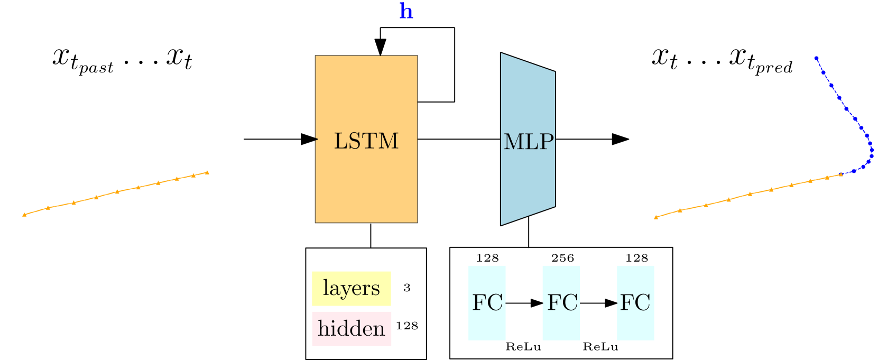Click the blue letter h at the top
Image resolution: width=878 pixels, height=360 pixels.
pyautogui.click(x=406, y=11)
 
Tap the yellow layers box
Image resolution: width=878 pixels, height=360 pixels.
pyautogui.click(x=351, y=289)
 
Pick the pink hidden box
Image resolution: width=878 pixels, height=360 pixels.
pyautogui.click(x=352, y=329)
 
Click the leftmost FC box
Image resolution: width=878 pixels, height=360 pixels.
pyautogui.click(x=487, y=303)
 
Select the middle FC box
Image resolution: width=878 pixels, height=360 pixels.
pyautogui.click(x=561, y=303)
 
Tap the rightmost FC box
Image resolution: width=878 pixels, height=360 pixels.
pyautogui.click(x=635, y=303)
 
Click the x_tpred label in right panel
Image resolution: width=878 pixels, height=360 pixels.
pyautogui.click(x=761, y=60)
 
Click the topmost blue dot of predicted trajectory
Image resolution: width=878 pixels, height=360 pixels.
pyautogui.click(x=816, y=58)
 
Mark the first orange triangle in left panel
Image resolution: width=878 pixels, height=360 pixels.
pyautogui.click(x=24, y=215)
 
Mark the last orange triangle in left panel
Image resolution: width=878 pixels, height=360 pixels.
pyautogui.click(x=207, y=172)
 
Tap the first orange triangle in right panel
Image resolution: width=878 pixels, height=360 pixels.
pyautogui.click(x=656, y=217)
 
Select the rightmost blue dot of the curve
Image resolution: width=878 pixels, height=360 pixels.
pyautogui.click(x=872, y=150)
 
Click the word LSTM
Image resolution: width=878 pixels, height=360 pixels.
pyautogui.click(x=366, y=141)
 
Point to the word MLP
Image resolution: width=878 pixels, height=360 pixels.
pyautogui.click(x=529, y=142)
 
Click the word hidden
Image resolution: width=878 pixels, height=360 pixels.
pyautogui.click(x=352, y=329)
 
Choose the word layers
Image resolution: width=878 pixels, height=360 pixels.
pyautogui.click(x=351, y=289)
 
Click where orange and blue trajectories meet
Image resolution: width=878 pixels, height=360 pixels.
pyautogui.click(x=841, y=174)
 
